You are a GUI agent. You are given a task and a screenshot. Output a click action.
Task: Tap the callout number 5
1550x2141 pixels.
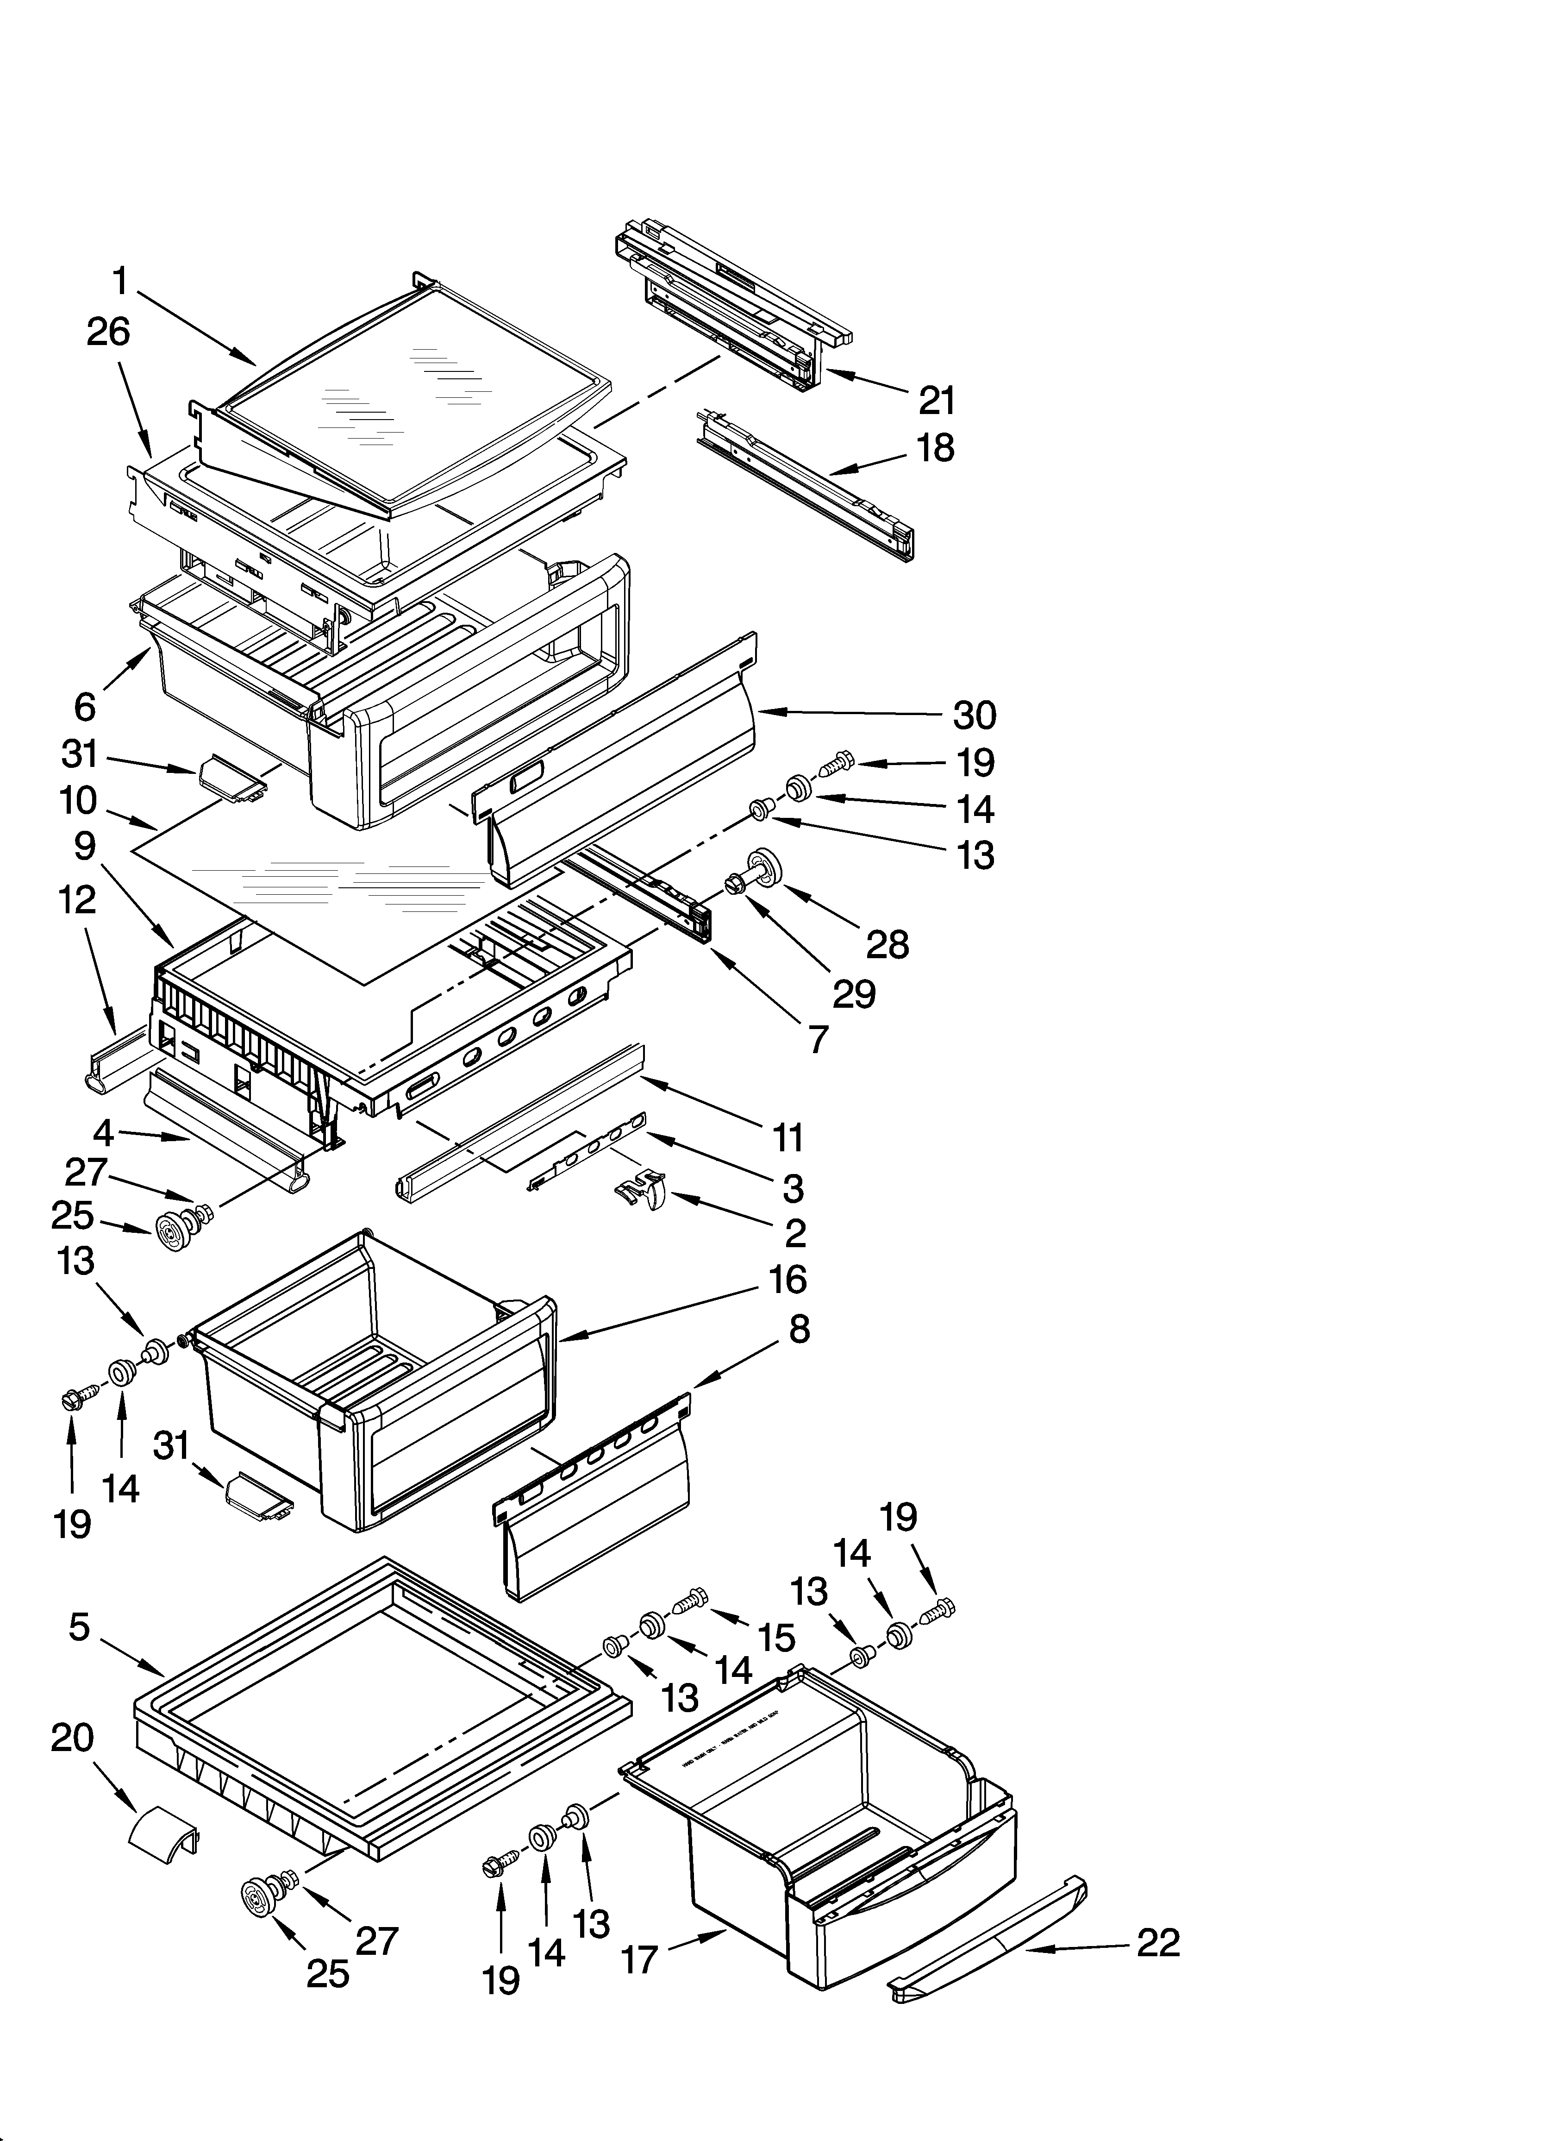(79, 1626)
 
